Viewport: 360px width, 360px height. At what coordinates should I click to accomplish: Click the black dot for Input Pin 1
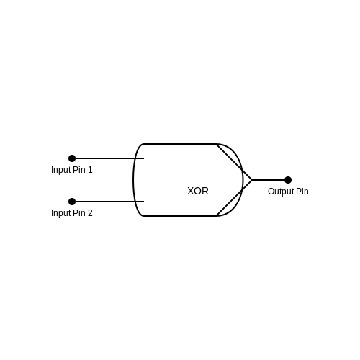[72, 158]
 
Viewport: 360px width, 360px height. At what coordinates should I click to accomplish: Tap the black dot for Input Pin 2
[72, 202]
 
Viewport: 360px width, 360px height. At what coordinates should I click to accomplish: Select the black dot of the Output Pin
[288, 180]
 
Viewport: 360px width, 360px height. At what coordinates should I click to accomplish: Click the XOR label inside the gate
[198, 191]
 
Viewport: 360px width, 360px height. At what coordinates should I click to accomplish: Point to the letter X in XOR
[190, 191]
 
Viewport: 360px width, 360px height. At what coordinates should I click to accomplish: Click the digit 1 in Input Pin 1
[90, 170]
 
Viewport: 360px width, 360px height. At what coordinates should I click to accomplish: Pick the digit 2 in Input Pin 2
[90, 213]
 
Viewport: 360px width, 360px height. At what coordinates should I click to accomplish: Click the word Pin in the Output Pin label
[302, 192]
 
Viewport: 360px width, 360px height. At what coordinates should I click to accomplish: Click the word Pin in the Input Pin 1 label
[79, 170]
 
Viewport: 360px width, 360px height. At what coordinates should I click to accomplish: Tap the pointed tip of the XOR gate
[252, 180]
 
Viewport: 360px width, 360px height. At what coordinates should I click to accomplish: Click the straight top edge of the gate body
[180, 144]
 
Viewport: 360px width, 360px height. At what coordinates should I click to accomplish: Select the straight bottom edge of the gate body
[180, 216]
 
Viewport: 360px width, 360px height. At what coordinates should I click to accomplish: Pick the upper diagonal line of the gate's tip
[234, 162]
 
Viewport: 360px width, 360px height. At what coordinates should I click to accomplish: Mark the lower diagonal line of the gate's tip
[234, 198]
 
